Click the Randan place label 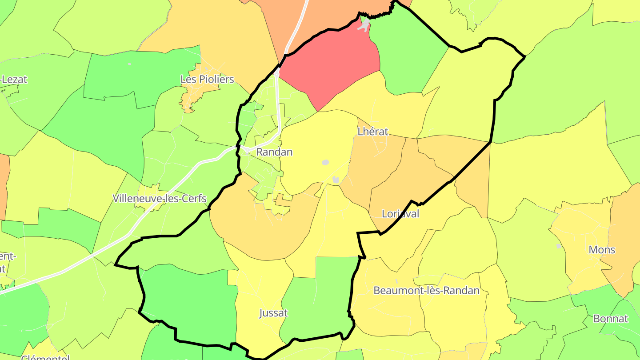click(x=274, y=152)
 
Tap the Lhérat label click(x=373, y=132)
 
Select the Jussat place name click(x=273, y=313)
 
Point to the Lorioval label click(x=400, y=214)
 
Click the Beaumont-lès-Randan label click(x=426, y=291)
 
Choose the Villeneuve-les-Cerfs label click(x=160, y=198)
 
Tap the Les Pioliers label click(x=207, y=80)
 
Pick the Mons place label click(x=602, y=250)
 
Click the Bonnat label click(x=611, y=319)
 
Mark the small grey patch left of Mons click(x=559, y=246)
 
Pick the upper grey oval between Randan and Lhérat click(x=325, y=163)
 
